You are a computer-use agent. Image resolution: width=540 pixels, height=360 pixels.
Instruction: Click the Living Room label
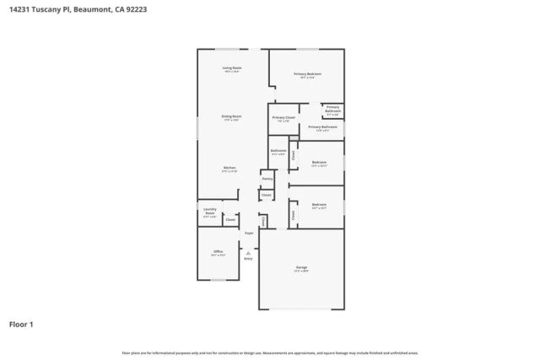(232, 67)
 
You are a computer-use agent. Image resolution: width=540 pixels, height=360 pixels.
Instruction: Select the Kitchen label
(229, 168)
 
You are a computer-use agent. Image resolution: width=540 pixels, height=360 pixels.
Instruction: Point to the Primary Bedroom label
(307, 74)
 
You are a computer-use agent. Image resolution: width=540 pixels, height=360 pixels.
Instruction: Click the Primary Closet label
(283, 117)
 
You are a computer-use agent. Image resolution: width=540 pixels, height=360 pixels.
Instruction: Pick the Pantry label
(267, 179)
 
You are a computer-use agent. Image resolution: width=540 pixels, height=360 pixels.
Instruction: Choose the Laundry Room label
(209, 213)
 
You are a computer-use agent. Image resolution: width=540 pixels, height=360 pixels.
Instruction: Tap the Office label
(218, 251)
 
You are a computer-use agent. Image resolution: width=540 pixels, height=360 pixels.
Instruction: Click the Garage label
(301, 266)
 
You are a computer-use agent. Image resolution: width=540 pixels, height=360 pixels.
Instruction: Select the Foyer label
(249, 234)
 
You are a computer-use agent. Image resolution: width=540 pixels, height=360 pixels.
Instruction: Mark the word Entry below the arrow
(248, 259)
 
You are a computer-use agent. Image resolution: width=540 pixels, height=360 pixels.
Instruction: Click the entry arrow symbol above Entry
(248, 251)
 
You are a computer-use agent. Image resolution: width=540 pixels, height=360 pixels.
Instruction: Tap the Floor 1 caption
(22, 324)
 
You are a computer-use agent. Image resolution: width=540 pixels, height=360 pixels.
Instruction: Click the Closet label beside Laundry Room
(229, 218)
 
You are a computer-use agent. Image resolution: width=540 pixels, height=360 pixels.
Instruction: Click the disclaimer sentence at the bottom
(270, 352)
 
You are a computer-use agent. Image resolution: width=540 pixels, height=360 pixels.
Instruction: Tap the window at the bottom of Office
(218, 280)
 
